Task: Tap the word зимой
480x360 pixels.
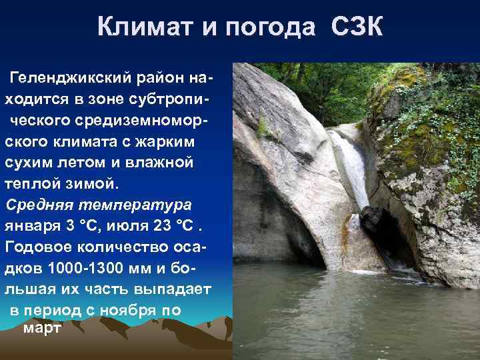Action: point(85,183)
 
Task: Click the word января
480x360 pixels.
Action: point(33,225)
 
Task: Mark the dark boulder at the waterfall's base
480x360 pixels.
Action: point(372,220)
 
